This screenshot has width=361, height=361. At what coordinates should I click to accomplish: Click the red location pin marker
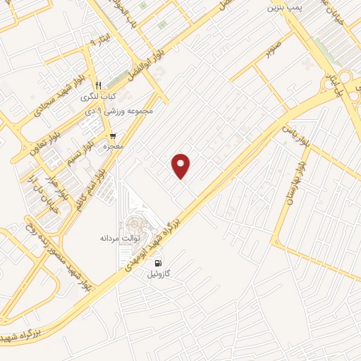[x=182, y=166]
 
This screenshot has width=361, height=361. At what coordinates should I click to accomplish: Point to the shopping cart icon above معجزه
[x=112, y=136]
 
